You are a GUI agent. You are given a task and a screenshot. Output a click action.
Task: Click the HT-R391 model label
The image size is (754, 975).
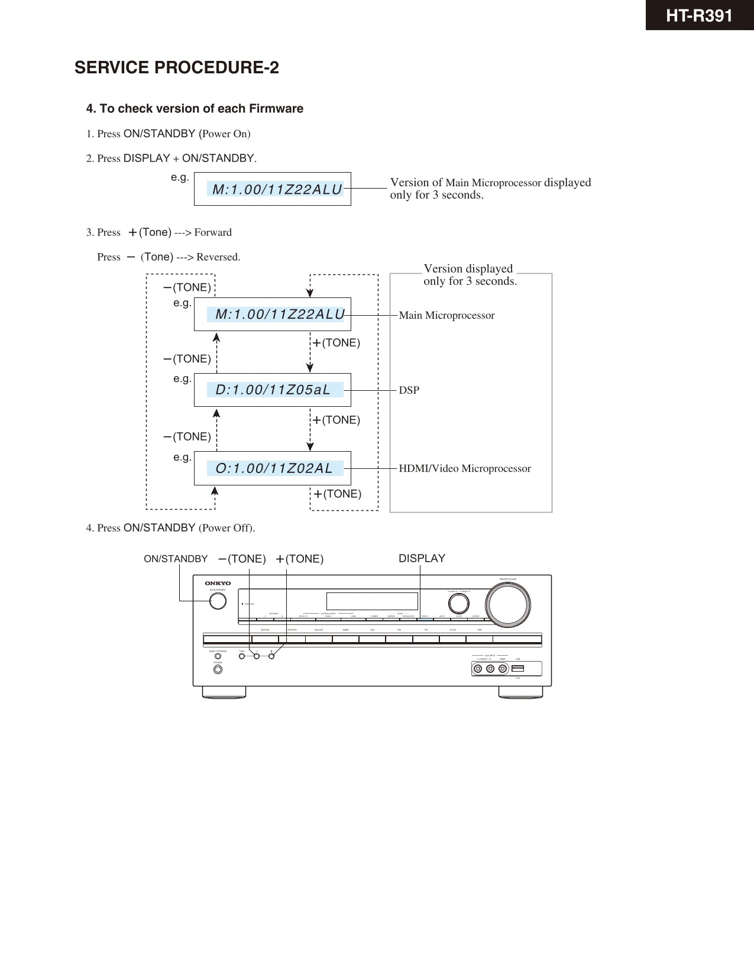point(699,15)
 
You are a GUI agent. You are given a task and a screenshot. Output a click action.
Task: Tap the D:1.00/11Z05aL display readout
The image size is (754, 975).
point(273,390)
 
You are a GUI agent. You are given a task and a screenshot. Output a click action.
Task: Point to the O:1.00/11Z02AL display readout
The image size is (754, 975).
point(274,468)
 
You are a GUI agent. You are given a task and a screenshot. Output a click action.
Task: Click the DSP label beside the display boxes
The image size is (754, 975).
point(409,390)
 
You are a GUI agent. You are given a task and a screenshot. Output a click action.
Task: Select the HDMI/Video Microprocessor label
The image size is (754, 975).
point(465,468)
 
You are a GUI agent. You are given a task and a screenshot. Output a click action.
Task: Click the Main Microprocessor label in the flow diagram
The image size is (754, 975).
point(446,315)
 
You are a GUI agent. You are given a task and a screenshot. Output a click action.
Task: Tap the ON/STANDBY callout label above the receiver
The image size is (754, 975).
point(176,559)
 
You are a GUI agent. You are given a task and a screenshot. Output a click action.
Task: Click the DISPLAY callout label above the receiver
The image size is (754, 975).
point(422,558)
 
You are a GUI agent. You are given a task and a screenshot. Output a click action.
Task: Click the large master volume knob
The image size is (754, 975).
point(507,605)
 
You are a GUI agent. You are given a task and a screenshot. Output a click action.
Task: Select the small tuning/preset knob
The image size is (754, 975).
point(458,603)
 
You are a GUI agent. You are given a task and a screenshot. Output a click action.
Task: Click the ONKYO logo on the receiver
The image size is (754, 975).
point(218,583)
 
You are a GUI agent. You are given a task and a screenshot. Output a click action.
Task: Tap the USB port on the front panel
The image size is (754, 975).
point(518,669)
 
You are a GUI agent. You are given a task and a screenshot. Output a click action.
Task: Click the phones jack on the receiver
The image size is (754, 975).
point(218,670)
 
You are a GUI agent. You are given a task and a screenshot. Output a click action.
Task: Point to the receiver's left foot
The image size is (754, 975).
point(224,692)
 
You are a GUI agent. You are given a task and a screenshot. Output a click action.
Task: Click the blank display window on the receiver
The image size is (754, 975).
point(372,601)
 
